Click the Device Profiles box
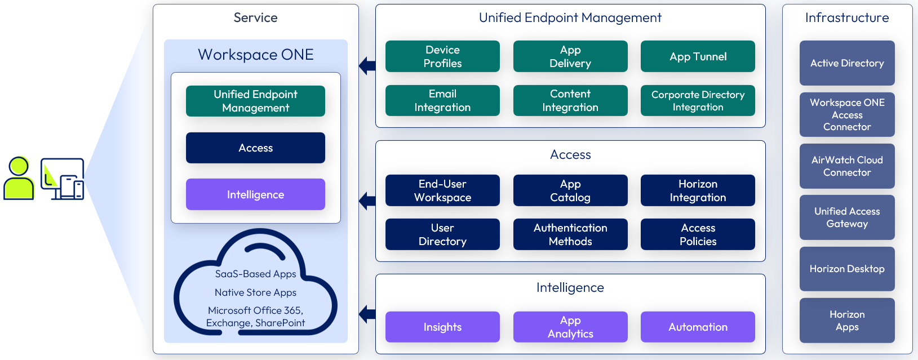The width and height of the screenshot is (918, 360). click(x=442, y=56)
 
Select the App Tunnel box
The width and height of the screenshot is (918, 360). click(x=698, y=56)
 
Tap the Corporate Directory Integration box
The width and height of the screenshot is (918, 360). click(x=698, y=100)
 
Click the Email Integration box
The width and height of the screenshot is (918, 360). click(x=442, y=100)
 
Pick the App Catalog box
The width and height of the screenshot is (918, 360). click(x=570, y=190)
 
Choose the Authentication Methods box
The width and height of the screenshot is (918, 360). click(x=570, y=234)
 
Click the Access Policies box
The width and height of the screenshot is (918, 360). click(x=698, y=234)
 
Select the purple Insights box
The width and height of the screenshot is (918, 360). click(x=442, y=327)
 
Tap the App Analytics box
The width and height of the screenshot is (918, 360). click(x=570, y=327)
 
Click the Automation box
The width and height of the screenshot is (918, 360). click(x=698, y=327)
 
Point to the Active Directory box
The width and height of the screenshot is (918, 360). click(x=847, y=63)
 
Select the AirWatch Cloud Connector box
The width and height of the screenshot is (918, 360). click(x=847, y=166)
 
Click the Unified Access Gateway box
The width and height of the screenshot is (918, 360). click(x=847, y=217)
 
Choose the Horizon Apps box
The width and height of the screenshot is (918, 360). click(x=847, y=321)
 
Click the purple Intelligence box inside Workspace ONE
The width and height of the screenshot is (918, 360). click(x=255, y=194)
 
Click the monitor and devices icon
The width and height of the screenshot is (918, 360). click(x=63, y=179)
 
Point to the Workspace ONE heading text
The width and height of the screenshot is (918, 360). click(x=255, y=55)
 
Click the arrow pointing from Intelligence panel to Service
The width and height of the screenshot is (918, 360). click(x=367, y=314)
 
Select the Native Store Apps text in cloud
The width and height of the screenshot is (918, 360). click(x=255, y=292)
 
